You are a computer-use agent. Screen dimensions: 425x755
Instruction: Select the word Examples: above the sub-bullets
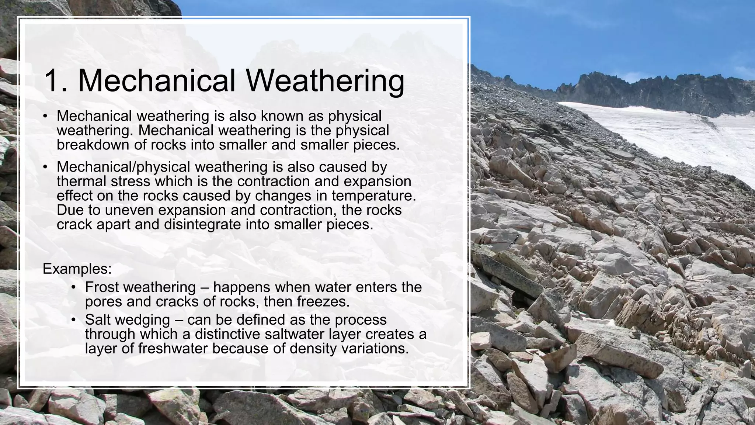coord(77,269)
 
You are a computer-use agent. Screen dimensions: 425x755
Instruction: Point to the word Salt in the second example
coord(97,319)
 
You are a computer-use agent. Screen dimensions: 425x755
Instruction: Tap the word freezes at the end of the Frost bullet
coord(323,301)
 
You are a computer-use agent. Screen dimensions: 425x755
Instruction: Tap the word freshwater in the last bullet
coord(173,349)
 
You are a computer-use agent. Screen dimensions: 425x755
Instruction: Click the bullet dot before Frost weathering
coord(74,287)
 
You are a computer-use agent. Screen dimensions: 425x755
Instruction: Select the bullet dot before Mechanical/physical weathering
coord(45,167)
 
